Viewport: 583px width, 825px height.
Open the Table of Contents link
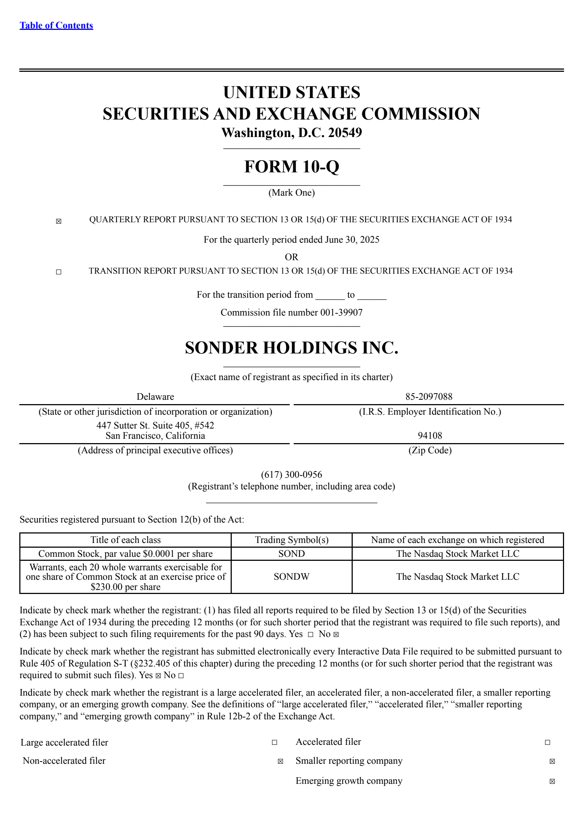click(56, 26)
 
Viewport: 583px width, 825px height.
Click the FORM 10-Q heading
click(291, 167)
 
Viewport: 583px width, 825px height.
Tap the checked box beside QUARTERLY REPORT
click(59, 221)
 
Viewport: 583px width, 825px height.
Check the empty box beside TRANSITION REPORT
click(59, 272)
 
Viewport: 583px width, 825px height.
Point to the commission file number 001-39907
click(341, 312)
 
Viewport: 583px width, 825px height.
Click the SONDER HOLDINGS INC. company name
click(291, 348)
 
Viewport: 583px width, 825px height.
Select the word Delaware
click(155, 396)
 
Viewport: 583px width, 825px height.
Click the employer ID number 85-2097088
click(429, 396)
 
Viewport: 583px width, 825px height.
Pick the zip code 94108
click(430, 435)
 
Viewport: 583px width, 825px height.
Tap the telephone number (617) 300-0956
click(291, 474)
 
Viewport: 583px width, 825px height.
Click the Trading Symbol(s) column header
click(291, 540)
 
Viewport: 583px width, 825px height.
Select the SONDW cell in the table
click(291, 576)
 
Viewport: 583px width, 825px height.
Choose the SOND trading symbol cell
click(291, 554)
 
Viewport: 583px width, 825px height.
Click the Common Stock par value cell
click(125, 554)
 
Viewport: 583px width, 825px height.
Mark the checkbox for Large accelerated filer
click(274, 742)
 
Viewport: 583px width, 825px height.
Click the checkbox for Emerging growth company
click(552, 781)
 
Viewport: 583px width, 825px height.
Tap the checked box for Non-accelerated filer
click(280, 761)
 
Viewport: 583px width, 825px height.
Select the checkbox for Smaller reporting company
click(552, 761)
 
